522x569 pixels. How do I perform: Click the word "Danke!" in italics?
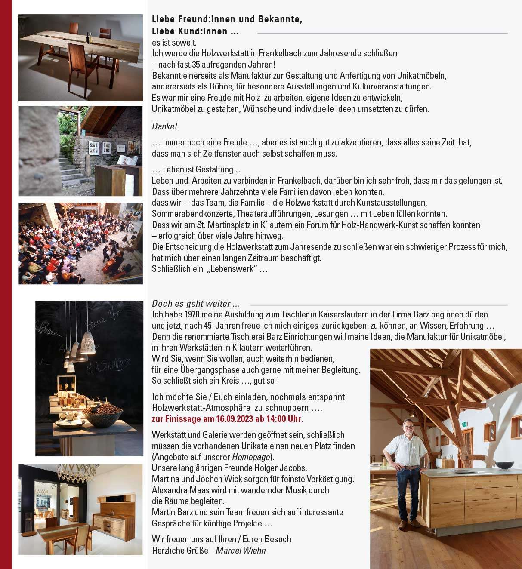point(164,126)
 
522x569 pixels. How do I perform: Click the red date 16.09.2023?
point(233,419)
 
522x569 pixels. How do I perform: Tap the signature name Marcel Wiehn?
point(241,550)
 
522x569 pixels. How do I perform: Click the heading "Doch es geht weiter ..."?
point(195,304)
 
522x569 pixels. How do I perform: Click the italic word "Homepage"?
point(251,457)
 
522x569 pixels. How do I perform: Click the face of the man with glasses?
point(408,428)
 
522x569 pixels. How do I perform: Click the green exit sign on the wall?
point(464,424)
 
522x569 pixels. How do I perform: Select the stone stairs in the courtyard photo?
point(71,170)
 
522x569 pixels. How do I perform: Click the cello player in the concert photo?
point(110,261)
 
